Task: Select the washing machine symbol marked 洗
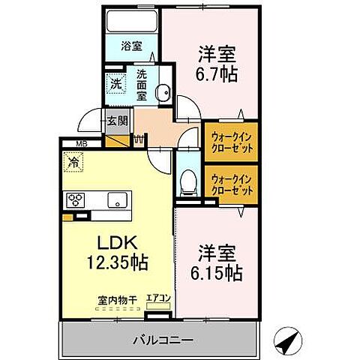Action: (116, 85)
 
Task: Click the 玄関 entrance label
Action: (116, 120)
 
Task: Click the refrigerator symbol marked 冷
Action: (74, 160)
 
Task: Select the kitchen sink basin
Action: (117, 199)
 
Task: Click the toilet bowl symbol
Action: (188, 180)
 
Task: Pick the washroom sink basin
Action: (161, 93)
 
